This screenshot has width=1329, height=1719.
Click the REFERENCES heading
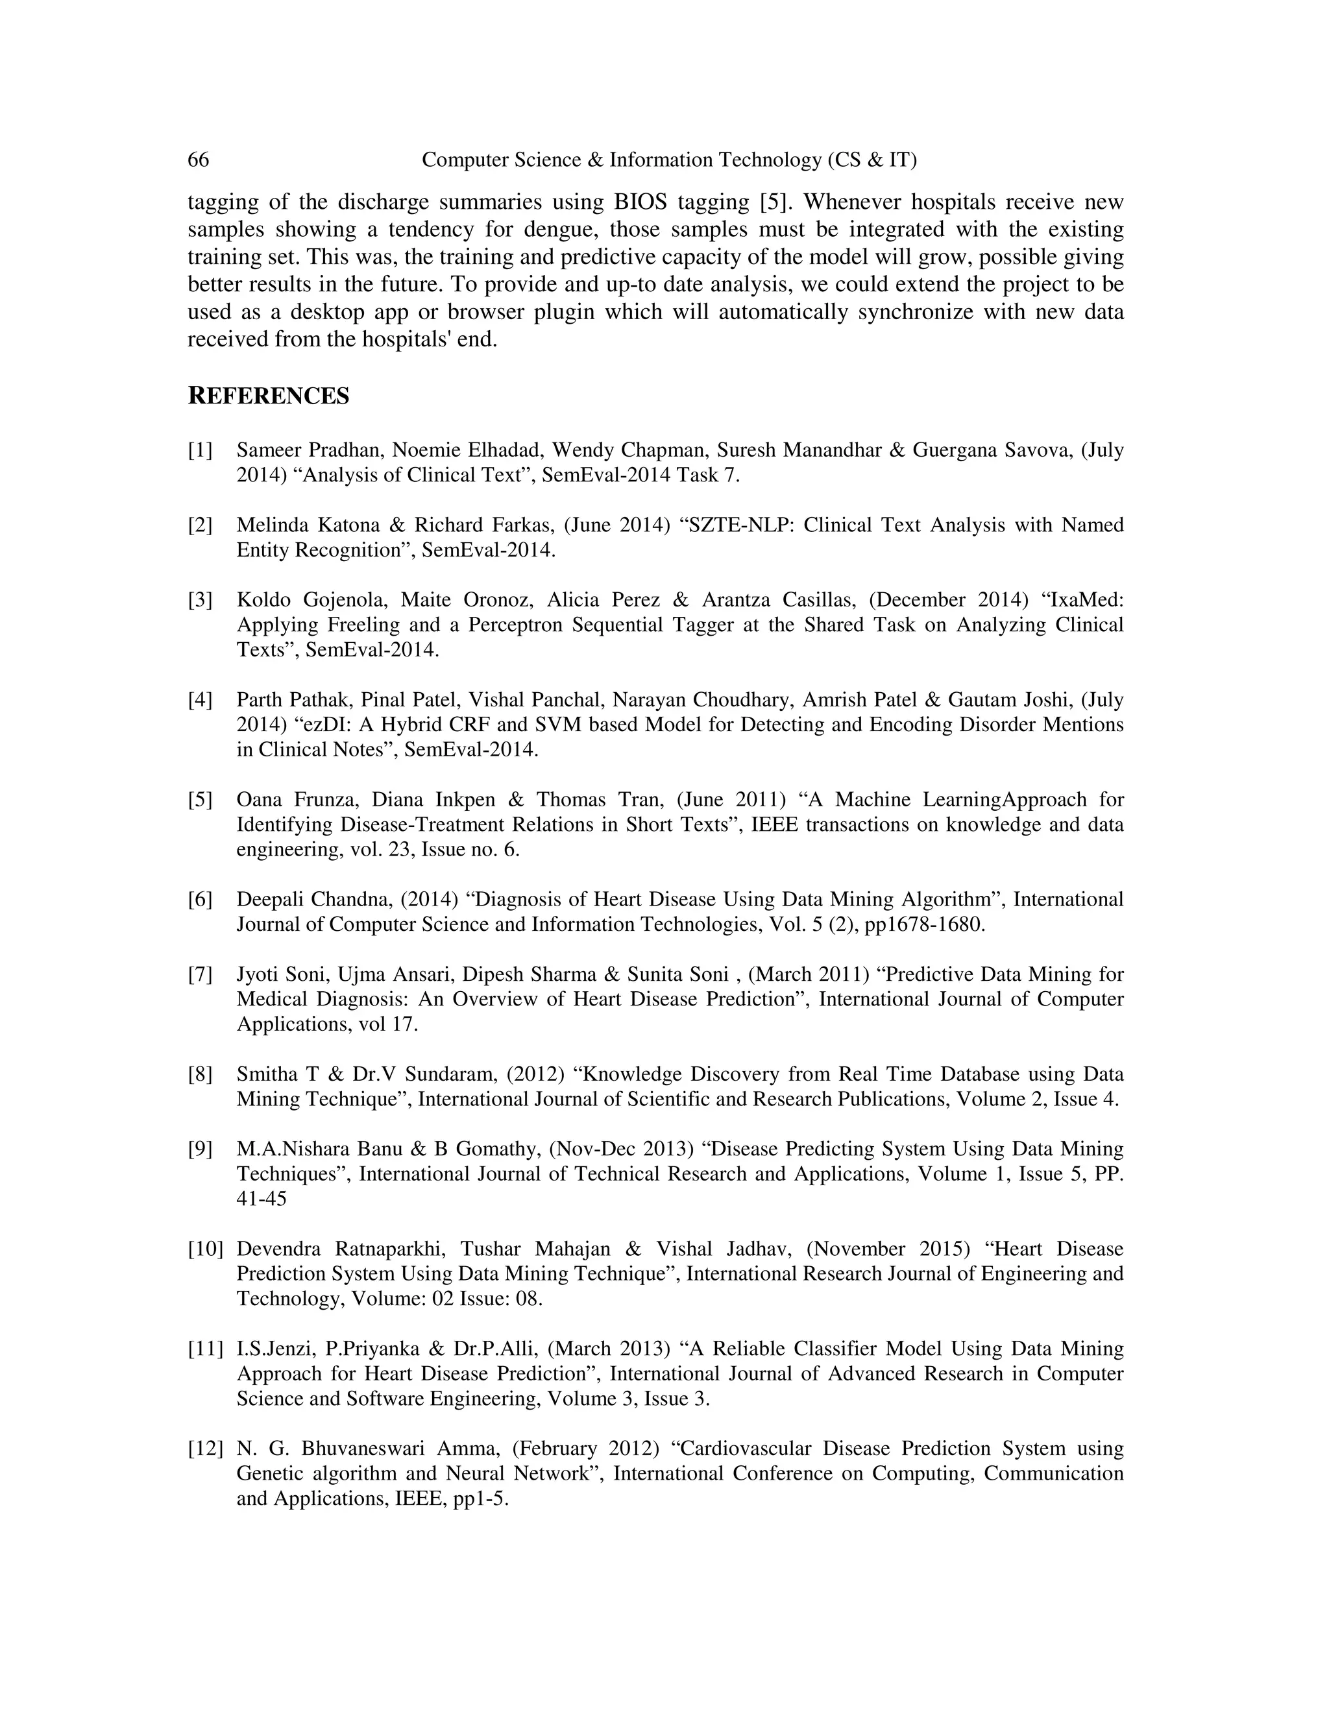pos(268,396)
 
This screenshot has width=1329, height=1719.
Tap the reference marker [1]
pos(200,450)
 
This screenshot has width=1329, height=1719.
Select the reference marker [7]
pos(200,974)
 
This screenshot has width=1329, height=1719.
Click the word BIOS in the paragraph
pos(640,202)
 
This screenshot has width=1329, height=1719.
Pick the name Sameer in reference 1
pos(269,450)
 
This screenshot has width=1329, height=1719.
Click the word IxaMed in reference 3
pos(1088,600)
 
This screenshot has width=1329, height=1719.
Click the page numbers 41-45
pos(262,1199)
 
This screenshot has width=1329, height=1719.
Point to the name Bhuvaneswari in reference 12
pos(363,1449)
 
